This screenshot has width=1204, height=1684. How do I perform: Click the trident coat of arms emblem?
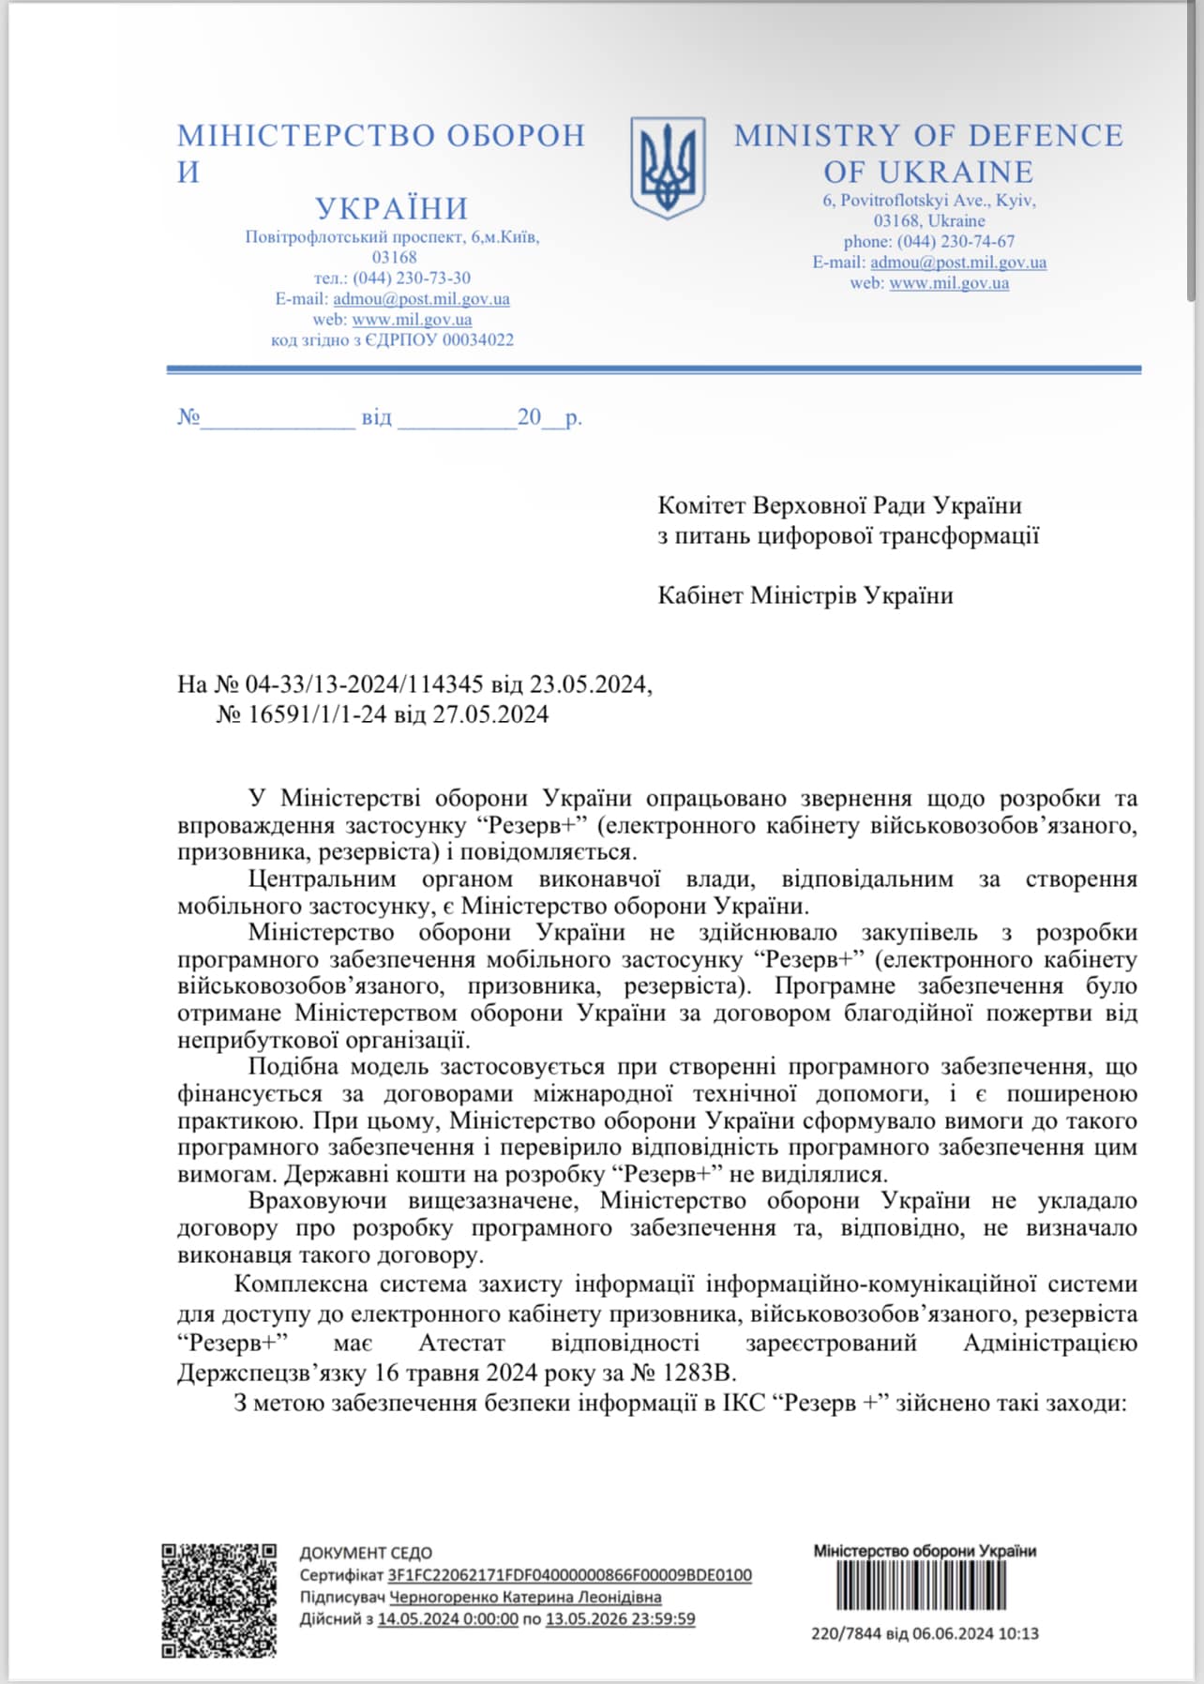(x=667, y=168)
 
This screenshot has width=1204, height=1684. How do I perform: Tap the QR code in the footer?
(x=219, y=1600)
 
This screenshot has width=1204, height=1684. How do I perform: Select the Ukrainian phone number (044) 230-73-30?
(x=412, y=278)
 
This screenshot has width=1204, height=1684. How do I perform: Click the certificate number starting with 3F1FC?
(x=569, y=1575)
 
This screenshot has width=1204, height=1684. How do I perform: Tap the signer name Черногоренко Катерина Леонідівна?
(x=525, y=1597)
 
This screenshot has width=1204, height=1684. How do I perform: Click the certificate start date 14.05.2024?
(x=447, y=1618)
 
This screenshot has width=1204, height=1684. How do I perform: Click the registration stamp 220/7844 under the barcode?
(x=925, y=1633)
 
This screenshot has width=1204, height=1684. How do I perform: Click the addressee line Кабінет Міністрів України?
(x=805, y=595)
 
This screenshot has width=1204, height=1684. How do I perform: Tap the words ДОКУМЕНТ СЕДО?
(x=366, y=1553)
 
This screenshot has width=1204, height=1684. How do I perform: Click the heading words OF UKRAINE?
(x=928, y=173)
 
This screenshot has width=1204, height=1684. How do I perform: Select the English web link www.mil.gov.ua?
(x=949, y=283)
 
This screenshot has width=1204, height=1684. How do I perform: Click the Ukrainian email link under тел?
(x=421, y=299)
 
